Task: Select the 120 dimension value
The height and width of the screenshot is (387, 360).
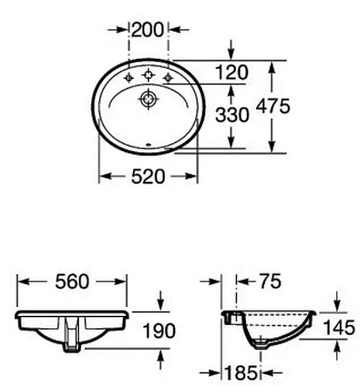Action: (x=232, y=73)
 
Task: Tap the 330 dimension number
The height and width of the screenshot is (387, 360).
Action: (x=232, y=115)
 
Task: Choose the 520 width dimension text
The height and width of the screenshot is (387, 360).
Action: (x=148, y=176)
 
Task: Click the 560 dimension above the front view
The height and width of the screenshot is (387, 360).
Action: (x=70, y=280)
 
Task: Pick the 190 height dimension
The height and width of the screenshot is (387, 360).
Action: (x=159, y=331)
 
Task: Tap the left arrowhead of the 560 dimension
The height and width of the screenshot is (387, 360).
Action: (x=21, y=280)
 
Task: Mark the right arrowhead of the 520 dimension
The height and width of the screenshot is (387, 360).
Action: (x=193, y=176)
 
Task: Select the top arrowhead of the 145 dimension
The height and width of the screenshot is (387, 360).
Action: (x=338, y=307)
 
